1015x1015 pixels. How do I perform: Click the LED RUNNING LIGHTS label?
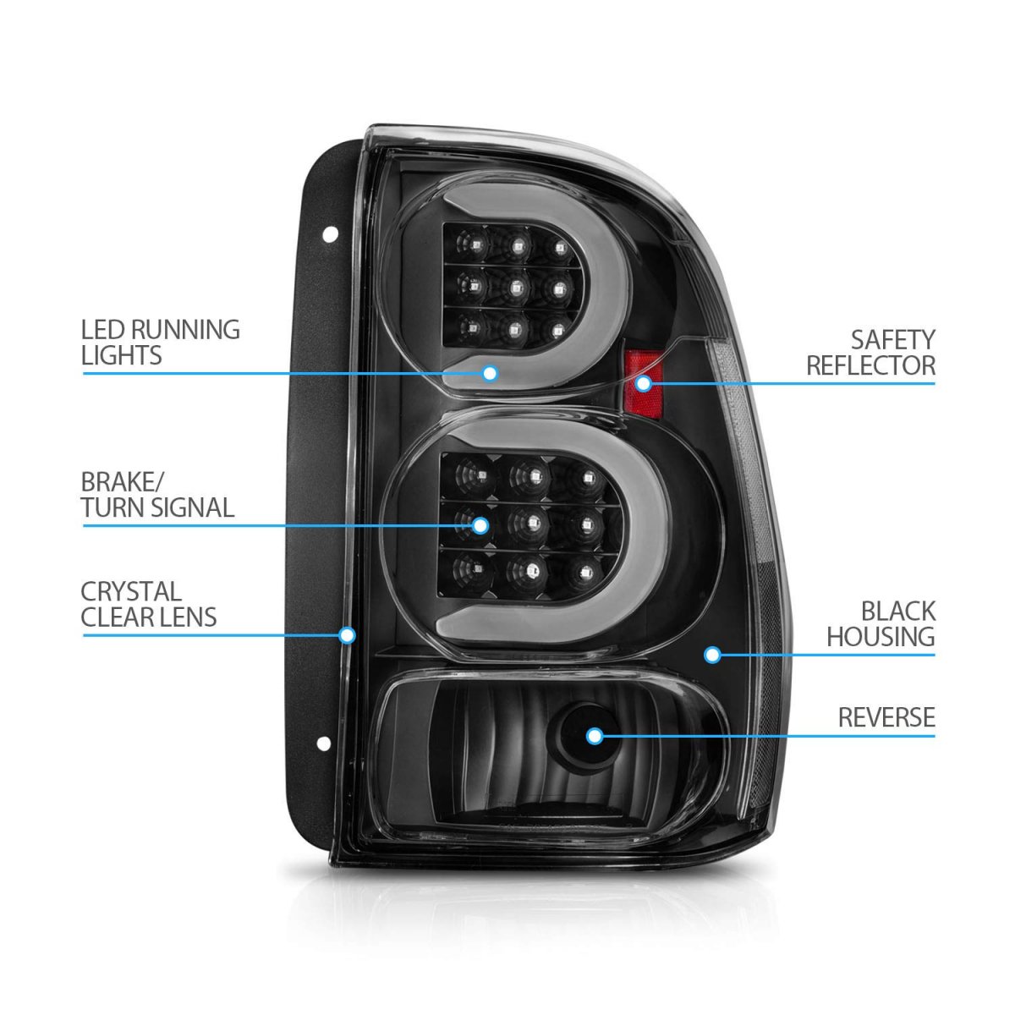[160, 343]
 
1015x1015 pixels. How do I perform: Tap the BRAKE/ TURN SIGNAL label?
[157, 495]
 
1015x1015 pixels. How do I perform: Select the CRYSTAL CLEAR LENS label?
[149, 604]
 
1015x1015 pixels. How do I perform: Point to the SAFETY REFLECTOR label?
[870, 353]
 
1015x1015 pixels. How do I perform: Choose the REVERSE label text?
[886, 717]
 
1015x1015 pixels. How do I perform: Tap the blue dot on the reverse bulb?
[595, 737]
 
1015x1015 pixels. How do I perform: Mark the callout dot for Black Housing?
[712, 655]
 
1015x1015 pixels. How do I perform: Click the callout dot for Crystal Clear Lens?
[347, 634]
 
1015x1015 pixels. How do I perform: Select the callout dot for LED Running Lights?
[490, 374]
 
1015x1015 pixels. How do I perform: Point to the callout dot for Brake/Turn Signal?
[480, 525]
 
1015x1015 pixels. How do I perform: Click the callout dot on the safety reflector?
[643, 383]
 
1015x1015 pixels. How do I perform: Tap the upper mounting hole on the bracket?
[330, 234]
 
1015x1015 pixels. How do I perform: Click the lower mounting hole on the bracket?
[323, 743]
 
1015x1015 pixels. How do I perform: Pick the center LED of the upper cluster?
[515, 287]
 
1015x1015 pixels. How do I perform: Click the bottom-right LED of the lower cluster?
[584, 573]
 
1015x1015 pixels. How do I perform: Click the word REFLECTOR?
[870, 365]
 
